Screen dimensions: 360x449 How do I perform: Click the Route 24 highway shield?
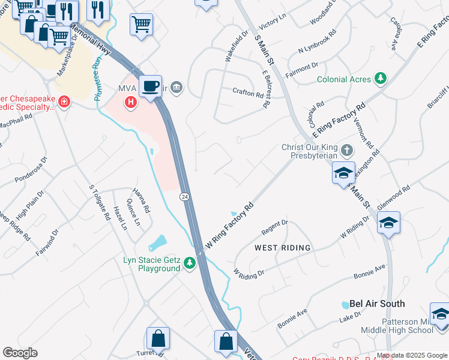[185, 196]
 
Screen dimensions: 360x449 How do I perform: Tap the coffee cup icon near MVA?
[150, 86]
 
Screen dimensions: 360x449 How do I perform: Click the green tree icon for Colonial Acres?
[379, 79]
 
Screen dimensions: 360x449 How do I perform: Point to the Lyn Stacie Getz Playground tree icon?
[190, 263]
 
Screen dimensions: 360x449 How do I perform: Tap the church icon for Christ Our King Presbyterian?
[347, 149]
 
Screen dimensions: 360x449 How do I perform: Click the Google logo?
[20, 352]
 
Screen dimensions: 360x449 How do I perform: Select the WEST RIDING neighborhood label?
[283, 248]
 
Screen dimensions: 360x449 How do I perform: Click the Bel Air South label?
[378, 304]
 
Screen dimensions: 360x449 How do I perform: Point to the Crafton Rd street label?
[248, 92]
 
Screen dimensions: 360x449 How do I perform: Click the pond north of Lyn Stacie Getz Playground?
[157, 242]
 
